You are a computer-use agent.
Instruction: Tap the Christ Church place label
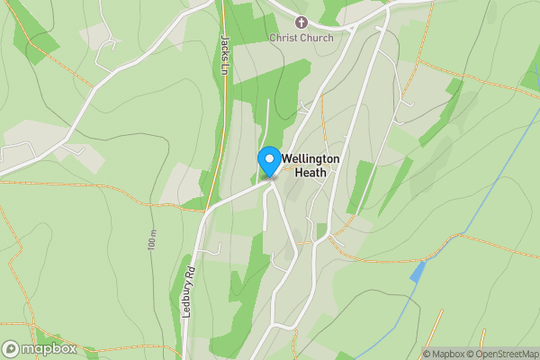(301, 38)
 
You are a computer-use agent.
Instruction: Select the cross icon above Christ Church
(301, 22)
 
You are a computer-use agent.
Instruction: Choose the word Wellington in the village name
(310, 158)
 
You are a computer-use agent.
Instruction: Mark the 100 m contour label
(150, 238)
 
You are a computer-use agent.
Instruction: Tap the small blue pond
(417, 272)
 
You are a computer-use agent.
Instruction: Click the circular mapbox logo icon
(11, 349)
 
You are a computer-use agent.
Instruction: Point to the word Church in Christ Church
(317, 38)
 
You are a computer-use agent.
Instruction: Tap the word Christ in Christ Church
(284, 38)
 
